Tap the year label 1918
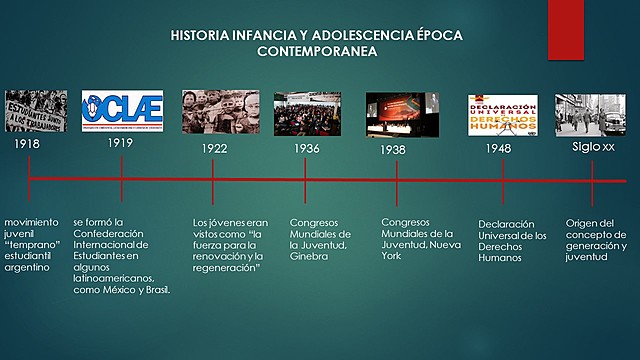pyautogui.click(x=29, y=145)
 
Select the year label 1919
pyautogui.click(x=121, y=143)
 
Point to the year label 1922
pyautogui.click(x=214, y=147)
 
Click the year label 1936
pyautogui.click(x=306, y=148)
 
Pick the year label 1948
pyautogui.click(x=498, y=148)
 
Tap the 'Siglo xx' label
pyautogui.click(x=593, y=146)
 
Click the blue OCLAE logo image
pyautogui.click(x=121, y=111)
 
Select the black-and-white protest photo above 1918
pyautogui.click(x=36, y=111)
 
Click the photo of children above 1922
pyautogui.click(x=220, y=111)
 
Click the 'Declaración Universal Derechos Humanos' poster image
pyautogui.click(x=503, y=114)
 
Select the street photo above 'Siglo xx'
pyautogui.click(x=592, y=114)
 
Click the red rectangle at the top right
pyautogui.click(x=566, y=30)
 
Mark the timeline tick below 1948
pyautogui.click(x=503, y=180)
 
